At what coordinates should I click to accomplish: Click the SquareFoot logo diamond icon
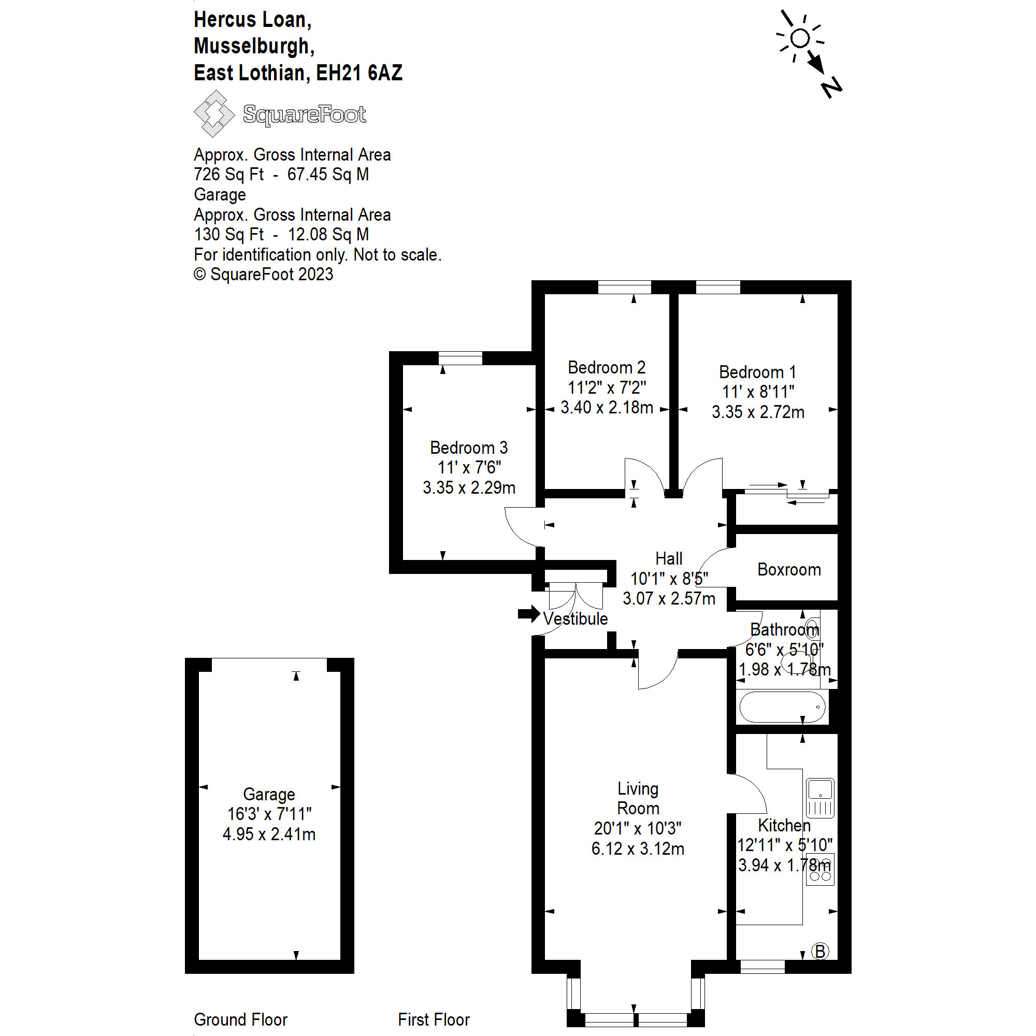pyautogui.click(x=214, y=113)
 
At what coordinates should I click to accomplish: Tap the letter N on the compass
pyautogui.click(x=831, y=87)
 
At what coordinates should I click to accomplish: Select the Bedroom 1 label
pyautogui.click(x=757, y=372)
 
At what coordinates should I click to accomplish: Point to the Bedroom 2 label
pyautogui.click(x=607, y=368)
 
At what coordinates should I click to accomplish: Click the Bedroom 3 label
pyautogui.click(x=469, y=448)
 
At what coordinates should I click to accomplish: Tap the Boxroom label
pyautogui.click(x=789, y=569)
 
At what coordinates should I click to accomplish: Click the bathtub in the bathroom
pyautogui.click(x=782, y=707)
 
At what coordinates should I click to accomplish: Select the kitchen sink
pyautogui.click(x=820, y=798)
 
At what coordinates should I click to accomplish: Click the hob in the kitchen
pyautogui.click(x=821, y=869)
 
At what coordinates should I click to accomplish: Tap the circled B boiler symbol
pyautogui.click(x=820, y=951)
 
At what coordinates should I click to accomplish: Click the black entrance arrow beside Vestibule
pyautogui.click(x=529, y=614)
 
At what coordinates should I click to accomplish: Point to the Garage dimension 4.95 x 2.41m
pyautogui.click(x=269, y=834)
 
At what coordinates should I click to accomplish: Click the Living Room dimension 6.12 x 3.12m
pyautogui.click(x=638, y=849)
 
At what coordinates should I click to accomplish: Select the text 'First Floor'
pyautogui.click(x=433, y=1019)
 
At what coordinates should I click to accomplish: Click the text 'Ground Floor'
pyautogui.click(x=241, y=1019)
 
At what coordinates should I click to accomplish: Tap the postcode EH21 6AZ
pyautogui.click(x=359, y=73)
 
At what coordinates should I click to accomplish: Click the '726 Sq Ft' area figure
pyautogui.click(x=229, y=174)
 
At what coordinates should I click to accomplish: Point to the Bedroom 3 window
pyautogui.click(x=460, y=358)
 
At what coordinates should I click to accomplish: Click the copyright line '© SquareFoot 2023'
pyautogui.click(x=263, y=275)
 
